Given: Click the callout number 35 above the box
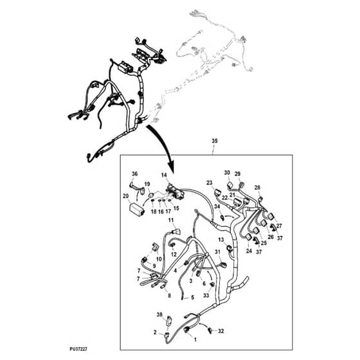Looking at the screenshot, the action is pyautogui.click(x=214, y=141).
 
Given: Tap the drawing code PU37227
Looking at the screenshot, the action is pyautogui.click(x=78, y=349).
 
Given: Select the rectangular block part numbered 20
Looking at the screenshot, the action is pyautogui.click(x=137, y=209).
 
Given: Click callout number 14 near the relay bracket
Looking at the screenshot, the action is pyautogui.click(x=164, y=175).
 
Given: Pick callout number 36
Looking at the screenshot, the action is pyautogui.click(x=134, y=174).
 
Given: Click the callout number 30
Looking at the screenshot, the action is pyautogui.click(x=227, y=172).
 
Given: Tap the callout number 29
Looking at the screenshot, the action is pyautogui.click(x=237, y=174).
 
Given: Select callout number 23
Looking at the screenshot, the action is pyautogui.click(x=209, y=183).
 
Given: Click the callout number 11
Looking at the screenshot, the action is pyautogui.click(x=171, y=220).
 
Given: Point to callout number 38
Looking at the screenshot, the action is pyautogui.click(x=159, y=314).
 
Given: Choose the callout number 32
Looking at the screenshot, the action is pyautogui.click(x=221, y=331).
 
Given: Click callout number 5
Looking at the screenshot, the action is pyautogui.click(x=192, y=298).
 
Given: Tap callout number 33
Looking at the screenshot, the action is pyautogui.click(x=206, y=295).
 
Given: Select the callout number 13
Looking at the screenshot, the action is pyautogui.click(x=221, y=240).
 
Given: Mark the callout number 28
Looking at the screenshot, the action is pyautogui.click(x=257, y=187).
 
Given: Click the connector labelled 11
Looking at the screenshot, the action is pyautogui.click(x=177, y=231).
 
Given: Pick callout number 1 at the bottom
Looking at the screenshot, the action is pyautogui.click(x=195, y=339).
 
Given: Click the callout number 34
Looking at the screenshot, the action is pyautogui.click(x=217, y=206).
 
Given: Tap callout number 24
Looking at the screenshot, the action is pyautogui.click(x=249, y=251).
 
